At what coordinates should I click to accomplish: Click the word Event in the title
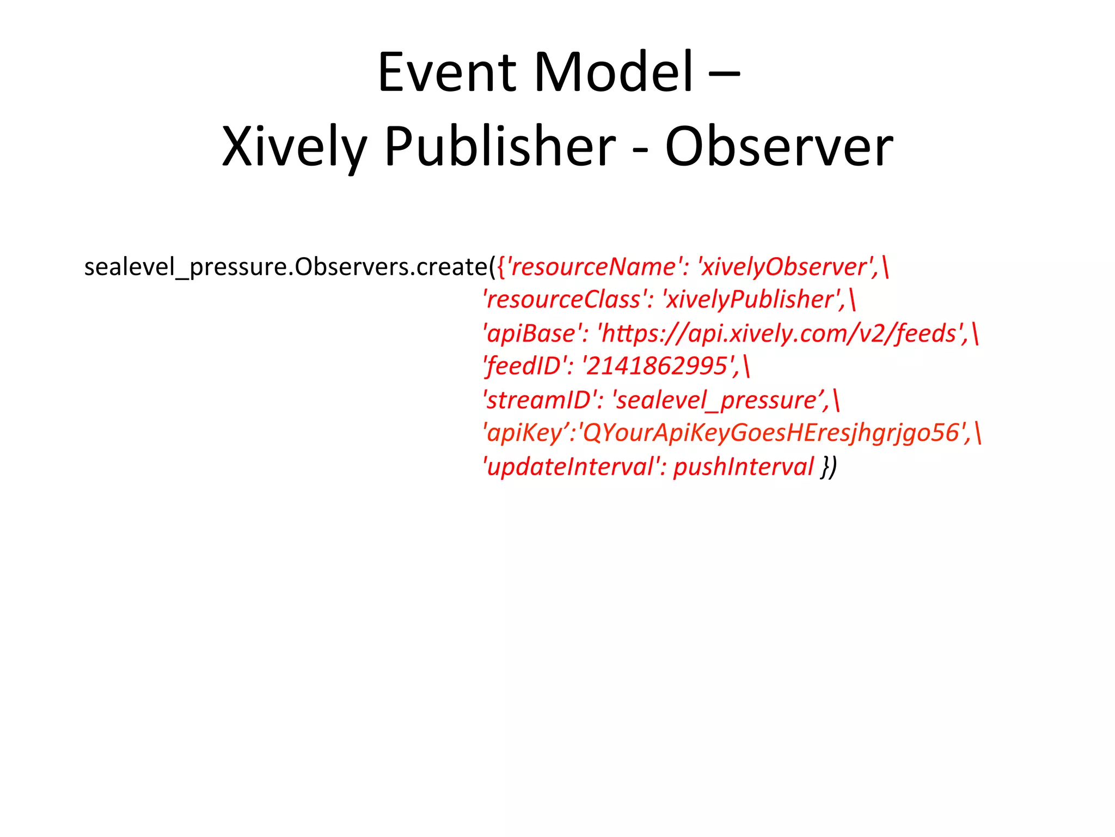[x=446, y=72]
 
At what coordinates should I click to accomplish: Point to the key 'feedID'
[x=524, y=366]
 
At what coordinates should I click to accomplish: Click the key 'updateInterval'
[x=572, y=467]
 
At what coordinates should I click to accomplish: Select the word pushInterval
[x=743, y=467]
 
